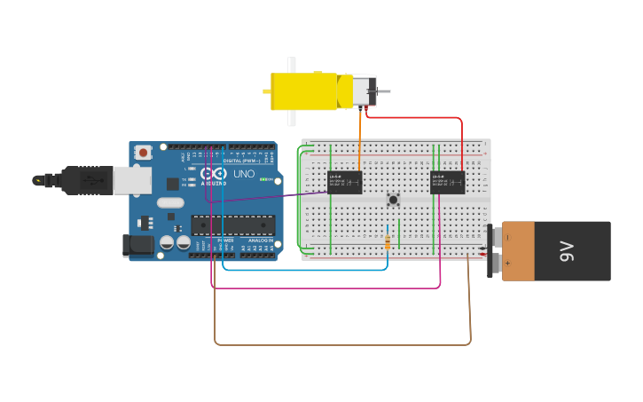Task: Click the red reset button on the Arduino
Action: [143, 153]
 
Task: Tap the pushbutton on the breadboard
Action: [393, 200]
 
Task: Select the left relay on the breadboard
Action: [344, 182]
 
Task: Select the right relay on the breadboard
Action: [447, 182]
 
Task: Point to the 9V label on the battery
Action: [568, 251]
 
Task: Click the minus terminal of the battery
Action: [497, 237]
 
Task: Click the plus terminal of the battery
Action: [497, 264]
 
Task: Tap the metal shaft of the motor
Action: [383, 91]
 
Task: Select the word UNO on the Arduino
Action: [244, 175]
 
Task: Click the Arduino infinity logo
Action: [214, 175]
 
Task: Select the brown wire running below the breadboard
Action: [341, 343]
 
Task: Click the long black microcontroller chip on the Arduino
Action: [232, 225]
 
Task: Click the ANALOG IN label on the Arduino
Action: [260, 240]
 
